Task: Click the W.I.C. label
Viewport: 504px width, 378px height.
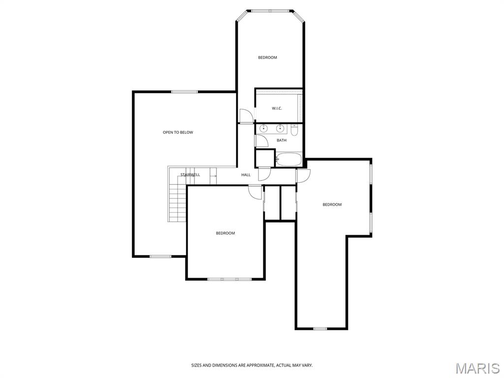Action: [x=277, y=108]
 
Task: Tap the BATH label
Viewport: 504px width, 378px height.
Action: [x=281, y=140]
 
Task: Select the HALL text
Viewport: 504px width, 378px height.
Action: [x=246, y=175]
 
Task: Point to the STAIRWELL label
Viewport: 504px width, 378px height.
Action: [x=190, y=175]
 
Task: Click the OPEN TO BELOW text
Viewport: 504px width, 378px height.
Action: [x=178, y=132]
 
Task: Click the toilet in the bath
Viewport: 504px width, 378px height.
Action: [x=294, y=130]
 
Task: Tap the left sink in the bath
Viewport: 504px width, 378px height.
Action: [x=263, y=129]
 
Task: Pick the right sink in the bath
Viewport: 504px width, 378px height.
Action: [x=280, y=129]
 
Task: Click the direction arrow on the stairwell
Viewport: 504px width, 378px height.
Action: [x=213, y=175]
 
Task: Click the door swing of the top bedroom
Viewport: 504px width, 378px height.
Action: [x=246, y=116]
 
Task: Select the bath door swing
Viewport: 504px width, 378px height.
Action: [x=261, y=140]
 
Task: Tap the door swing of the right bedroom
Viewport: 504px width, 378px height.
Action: [x=304, y=175]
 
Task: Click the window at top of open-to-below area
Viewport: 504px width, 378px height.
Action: [x=185, y=92]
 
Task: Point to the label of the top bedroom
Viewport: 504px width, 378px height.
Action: [x=267, y=58]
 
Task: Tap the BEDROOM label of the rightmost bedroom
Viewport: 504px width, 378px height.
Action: [x=332, y=205]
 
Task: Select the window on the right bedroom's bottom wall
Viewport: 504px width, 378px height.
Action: [x=320, y=328]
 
